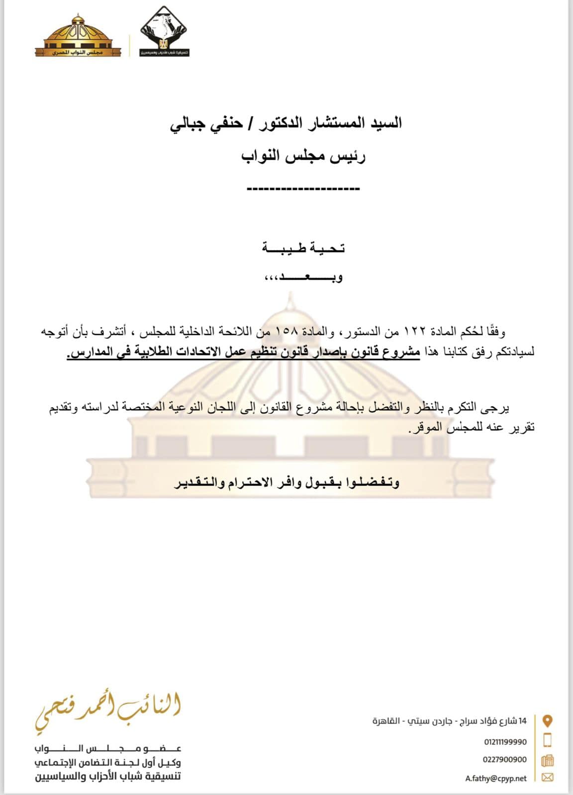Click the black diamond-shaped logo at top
164,31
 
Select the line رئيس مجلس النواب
303,156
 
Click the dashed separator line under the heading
303,189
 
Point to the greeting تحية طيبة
303,247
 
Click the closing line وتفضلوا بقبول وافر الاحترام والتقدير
287,482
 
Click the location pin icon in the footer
547,720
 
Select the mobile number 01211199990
505,742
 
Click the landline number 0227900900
504,760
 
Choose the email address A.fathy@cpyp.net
496,779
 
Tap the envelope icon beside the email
547,778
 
